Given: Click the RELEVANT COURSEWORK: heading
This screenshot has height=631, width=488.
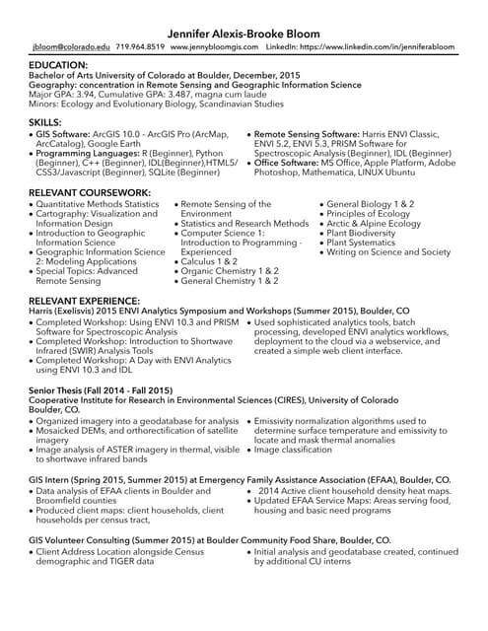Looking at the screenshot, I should click(x=90, y=192).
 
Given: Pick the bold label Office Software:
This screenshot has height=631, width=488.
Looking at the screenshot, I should click(x=291, y=162).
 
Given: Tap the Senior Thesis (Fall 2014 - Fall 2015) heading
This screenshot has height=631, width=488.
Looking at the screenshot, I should click(x=102, y=391).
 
